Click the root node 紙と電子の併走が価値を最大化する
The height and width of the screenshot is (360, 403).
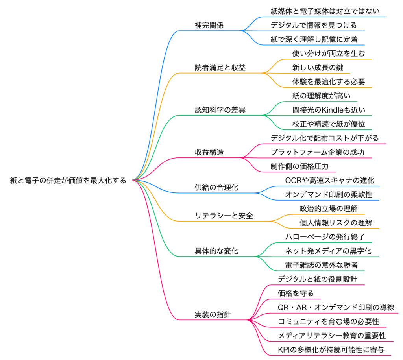(x=68, y=181)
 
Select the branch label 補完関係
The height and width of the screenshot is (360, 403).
(x=209, y=25)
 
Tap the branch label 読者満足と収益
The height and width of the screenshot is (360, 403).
(x=220, y=68)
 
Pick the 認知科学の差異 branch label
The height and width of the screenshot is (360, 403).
(x=220, y=110)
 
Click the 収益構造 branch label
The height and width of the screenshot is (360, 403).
(x=209, y=153)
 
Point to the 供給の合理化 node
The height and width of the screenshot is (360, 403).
(x=216, y=188)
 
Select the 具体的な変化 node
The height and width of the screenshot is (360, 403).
(x=216, y=251)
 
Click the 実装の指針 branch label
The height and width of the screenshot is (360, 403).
(x=213, y=315)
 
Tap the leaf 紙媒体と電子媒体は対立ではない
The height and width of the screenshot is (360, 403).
(x=325, y=11)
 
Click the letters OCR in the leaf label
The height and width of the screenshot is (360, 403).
(x=292, y=181)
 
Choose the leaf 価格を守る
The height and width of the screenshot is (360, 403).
(x=296, y=294)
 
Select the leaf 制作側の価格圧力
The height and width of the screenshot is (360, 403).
(x=299, y=167)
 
